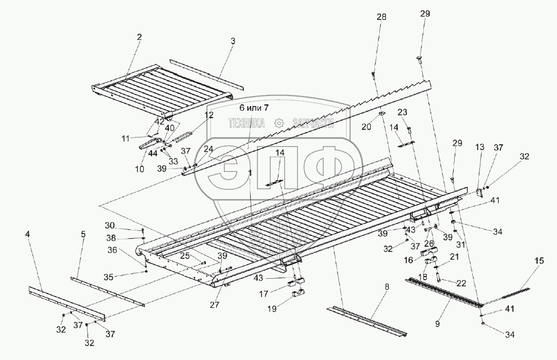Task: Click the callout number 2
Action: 140,37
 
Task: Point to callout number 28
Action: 381,17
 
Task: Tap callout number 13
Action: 479,147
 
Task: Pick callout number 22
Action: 461,283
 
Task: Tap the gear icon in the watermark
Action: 278,123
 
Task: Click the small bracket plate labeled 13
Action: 479,191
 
